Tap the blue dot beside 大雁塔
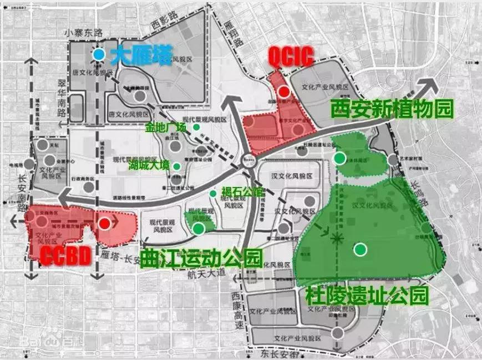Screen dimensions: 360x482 click(98, 54)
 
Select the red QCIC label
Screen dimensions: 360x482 click(291, 55)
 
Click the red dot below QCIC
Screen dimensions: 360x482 click(284, 92)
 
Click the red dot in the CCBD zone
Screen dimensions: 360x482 click(104, 223)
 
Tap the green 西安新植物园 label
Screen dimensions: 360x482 click(391, 108)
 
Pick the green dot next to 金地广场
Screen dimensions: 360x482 click(196, 127)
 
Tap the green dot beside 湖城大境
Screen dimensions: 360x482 click(176, 165)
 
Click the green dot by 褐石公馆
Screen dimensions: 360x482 click(212, 193)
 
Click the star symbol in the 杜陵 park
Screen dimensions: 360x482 click(335, 239)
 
